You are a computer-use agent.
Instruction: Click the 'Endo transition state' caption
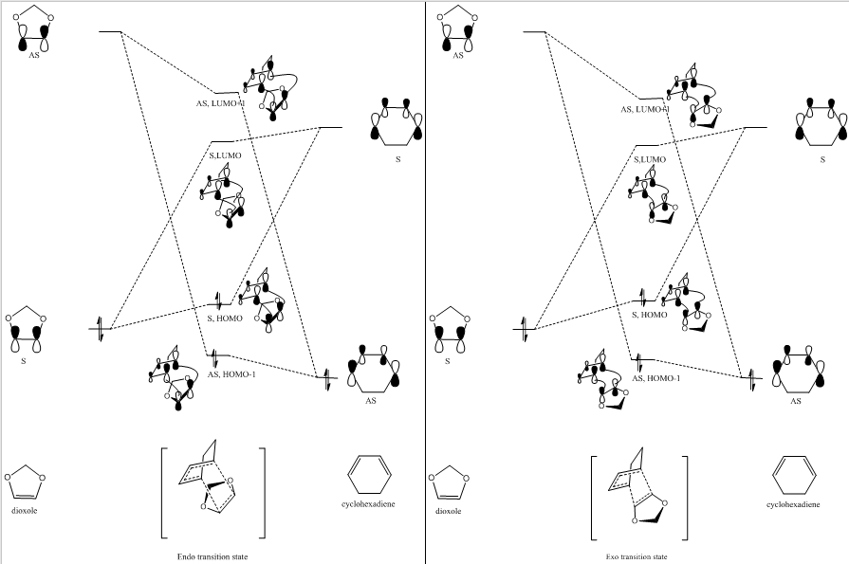pos(212,556)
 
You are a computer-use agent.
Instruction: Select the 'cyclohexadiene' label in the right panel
pos(793,504)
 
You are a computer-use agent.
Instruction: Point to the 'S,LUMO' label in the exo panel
pos(650,158)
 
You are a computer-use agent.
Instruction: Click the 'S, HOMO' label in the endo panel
pos(225,318)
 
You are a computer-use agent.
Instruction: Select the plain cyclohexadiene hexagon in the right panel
pos(793,473)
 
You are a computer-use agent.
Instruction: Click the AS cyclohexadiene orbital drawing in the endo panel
pos(372,372)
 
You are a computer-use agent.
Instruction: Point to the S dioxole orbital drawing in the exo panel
pos(447,331)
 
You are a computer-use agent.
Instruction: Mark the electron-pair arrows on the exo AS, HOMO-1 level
pos(638,361)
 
